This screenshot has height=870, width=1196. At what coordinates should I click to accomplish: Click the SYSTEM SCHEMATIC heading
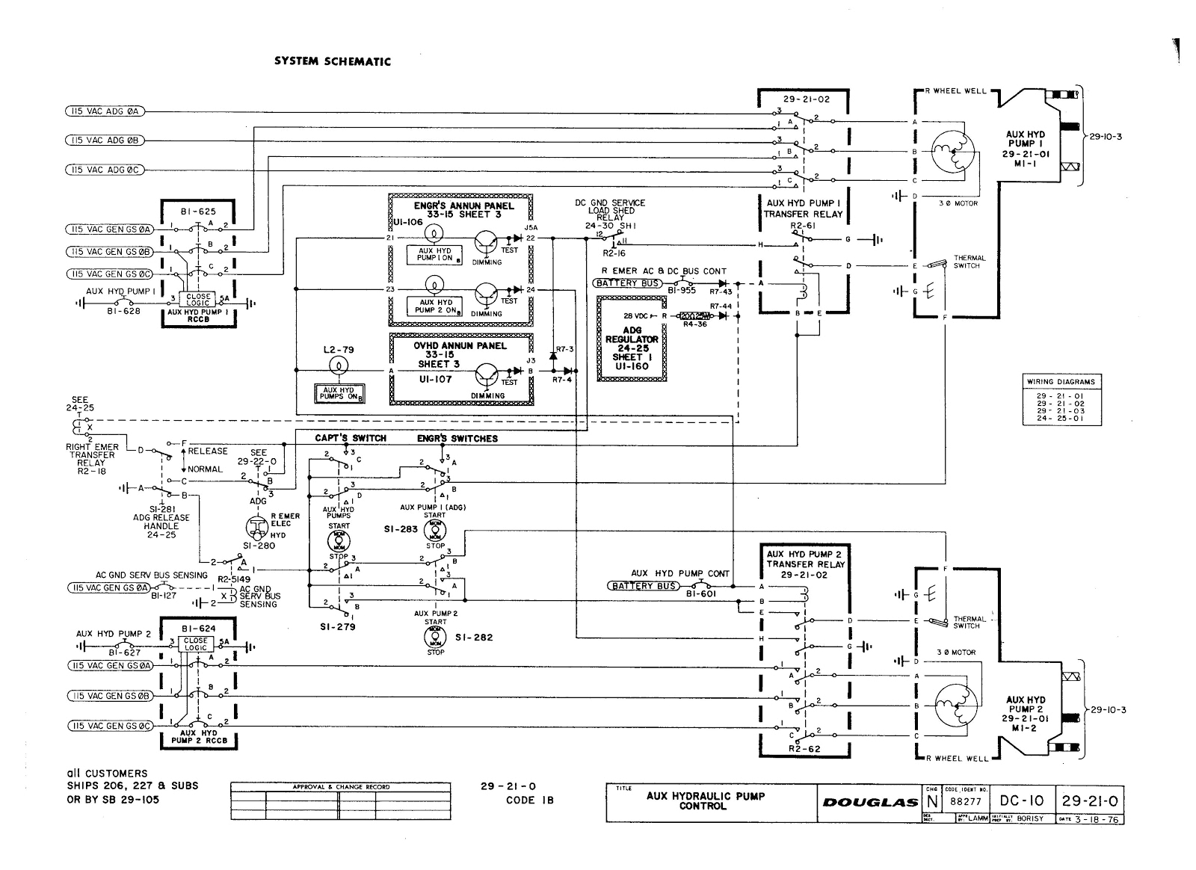tap(332, 61)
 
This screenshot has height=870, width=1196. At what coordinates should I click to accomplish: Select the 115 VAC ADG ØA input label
tap(104, 112)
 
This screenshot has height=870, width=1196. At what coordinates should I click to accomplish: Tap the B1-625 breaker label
tap(198, 212)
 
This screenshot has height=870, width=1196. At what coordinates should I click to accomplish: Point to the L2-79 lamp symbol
tap(339, 365)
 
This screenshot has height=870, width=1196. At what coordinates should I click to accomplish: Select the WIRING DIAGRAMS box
tap(1060, 400)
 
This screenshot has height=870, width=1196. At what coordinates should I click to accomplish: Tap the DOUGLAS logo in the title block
tap(870, 802)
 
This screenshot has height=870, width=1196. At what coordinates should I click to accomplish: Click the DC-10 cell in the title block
tap(1023, 800)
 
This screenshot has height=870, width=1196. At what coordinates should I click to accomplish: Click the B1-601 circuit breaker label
tap(700, 595)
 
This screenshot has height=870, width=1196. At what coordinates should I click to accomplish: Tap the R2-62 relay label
tap(804, 747)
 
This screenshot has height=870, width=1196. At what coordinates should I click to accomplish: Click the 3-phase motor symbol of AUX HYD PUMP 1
tap(952, 150)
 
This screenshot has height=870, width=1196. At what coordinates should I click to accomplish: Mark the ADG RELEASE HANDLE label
tap(161, 521)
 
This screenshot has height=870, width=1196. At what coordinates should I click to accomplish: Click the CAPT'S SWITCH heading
tap(358, 438)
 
